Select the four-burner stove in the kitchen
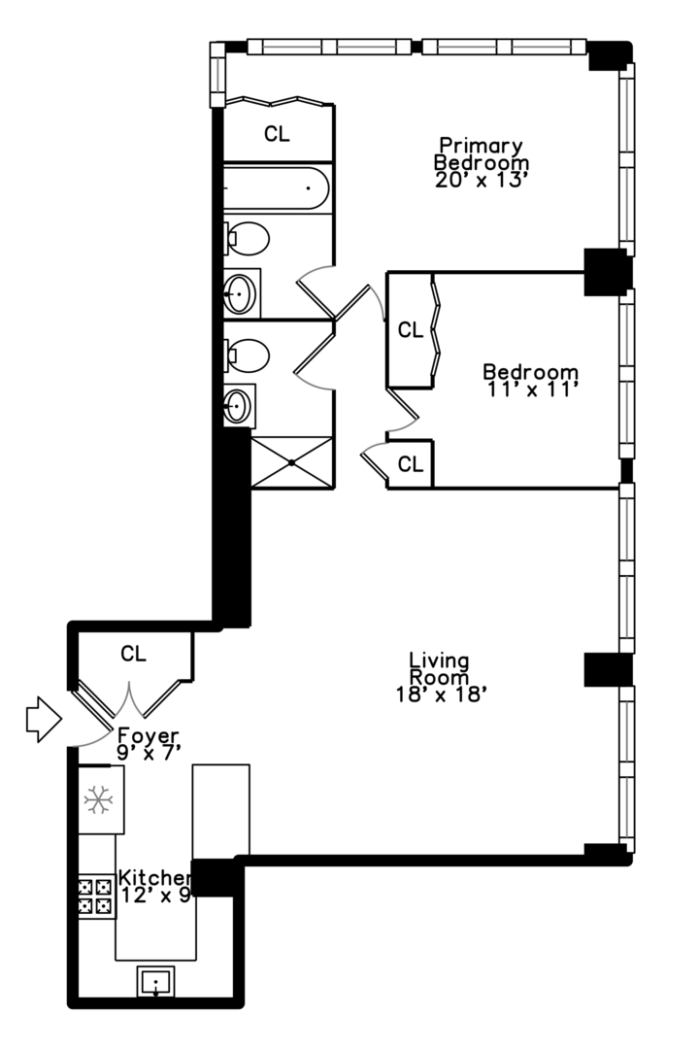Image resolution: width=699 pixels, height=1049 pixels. pyautogui.click(x=97, y=896)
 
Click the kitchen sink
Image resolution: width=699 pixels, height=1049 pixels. pyautogui.click(x=155, y=983)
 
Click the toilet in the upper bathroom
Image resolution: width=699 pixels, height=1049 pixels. pyautogui.click(x=249, y=238)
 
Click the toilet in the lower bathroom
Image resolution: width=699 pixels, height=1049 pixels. pyautogui.click(x=249, y=355)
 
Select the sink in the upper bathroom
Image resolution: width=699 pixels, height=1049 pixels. pyautogui.click(x=241, y=292)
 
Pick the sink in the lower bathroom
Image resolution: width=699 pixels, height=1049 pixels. pyautogui.click(x=239, y=406)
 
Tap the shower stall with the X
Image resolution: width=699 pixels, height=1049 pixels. pyautogui.click(x=291, y=462)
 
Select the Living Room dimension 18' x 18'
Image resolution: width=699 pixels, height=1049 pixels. pyautogui.click(x=440, y=694)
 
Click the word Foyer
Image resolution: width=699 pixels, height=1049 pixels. pyautogui.click(x=148, y=734)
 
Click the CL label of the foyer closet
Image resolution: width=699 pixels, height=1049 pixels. pyautogui.click(x=134, y=654)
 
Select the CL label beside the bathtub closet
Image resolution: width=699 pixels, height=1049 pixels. pyautogui.click(x=277, y=135)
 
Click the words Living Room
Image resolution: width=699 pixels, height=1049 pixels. pyautogui.click(x=439, y=668)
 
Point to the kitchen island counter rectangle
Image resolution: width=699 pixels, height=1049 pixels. pyautogui.click(x=221, y=810)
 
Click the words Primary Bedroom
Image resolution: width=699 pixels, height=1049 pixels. pyautogui.click(x=481, y=153)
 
